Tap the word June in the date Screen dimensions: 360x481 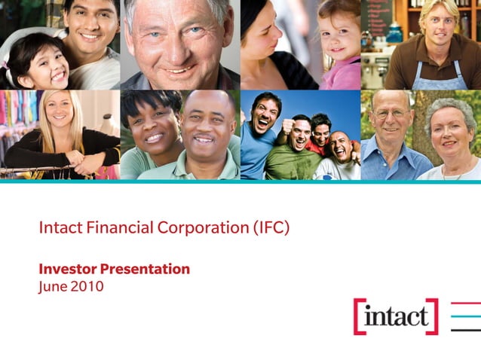coord(52,287)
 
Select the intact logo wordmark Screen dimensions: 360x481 coord(395,317)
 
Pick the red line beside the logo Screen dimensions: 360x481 coord(465,304)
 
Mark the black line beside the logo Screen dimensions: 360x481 coord(465,329)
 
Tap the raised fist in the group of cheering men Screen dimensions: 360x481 coord(287,121)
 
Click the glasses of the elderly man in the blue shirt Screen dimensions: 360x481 coord(391,114)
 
